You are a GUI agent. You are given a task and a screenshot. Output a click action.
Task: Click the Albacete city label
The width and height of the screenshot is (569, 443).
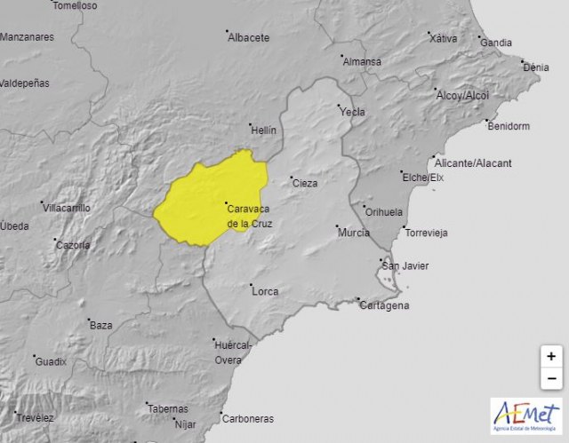(248, 37)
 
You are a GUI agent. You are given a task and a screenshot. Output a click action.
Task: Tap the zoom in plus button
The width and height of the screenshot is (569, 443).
(552, 356)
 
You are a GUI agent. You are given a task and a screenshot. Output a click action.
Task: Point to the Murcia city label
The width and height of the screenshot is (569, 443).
(353, 232)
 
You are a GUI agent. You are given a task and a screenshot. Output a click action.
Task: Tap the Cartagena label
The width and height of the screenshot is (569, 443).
(384, 305)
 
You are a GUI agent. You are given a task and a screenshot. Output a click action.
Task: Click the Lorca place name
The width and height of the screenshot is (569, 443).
(265, 291)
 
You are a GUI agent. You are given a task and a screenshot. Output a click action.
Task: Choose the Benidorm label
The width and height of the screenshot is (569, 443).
(509, 126)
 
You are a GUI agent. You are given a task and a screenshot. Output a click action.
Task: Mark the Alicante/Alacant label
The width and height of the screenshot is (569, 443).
(473, 163)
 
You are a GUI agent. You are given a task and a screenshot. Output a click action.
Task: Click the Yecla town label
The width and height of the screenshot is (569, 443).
(352, 112)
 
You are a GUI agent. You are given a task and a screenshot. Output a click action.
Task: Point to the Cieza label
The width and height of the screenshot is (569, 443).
(305, 183)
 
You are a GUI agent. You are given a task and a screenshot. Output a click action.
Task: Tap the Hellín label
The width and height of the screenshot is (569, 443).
(263, 130)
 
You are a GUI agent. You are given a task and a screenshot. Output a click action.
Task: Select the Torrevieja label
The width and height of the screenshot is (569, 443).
(426, 233)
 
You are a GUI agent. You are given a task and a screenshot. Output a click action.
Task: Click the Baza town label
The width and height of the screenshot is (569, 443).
(100, 325)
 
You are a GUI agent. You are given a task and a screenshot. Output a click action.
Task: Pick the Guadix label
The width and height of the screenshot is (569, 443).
(51, 361)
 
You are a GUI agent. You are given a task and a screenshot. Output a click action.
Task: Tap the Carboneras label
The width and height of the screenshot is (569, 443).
(248, 418)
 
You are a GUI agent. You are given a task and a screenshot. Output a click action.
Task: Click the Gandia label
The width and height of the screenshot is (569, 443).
(495, 42)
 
